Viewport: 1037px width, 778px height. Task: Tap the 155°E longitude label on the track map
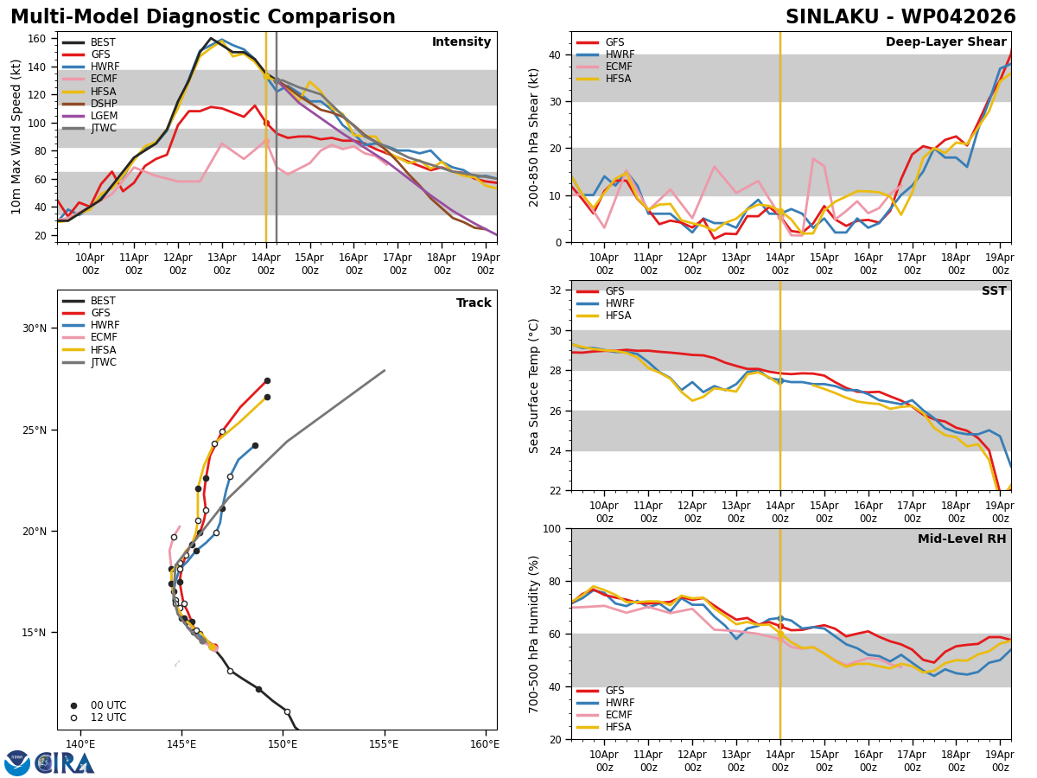384,744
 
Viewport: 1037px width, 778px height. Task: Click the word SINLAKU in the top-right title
830,17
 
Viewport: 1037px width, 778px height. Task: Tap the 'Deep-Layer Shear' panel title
945,42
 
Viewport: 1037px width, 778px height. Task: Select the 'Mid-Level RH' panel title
962,539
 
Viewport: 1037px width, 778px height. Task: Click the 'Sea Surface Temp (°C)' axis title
535,386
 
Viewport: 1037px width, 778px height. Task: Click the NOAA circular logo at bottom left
17,763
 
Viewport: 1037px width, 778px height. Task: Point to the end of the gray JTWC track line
385,370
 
